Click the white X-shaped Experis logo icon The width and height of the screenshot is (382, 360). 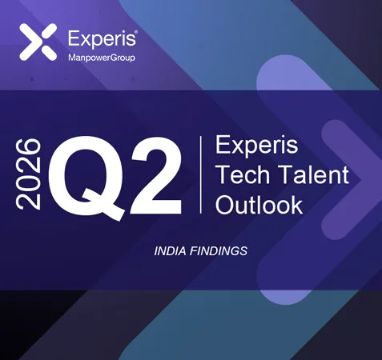click(x=38, y=42)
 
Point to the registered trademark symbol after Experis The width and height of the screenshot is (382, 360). click(x=137, y=32)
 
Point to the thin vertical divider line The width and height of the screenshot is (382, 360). click(x=200, y=174)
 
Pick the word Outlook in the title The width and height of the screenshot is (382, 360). click(x=259, y=204)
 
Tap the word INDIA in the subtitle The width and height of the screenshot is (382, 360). click(x=171, y=251)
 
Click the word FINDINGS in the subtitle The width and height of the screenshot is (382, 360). click(x=219, y=251)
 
